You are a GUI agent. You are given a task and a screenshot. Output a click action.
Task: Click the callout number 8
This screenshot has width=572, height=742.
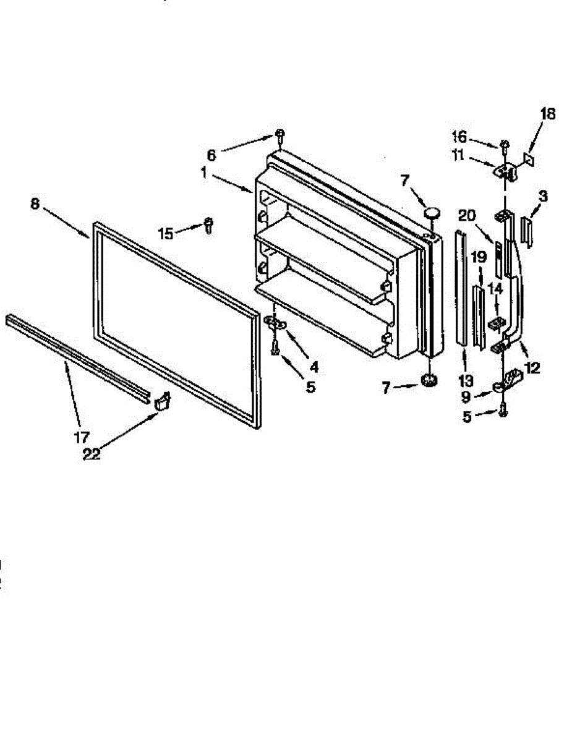coord(35,204)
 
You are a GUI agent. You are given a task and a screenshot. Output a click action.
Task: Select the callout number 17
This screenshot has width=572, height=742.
coord(82,438)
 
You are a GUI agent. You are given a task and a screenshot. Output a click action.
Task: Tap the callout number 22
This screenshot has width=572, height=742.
coord(91,454)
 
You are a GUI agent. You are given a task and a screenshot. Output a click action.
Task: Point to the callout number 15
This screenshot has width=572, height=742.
coord(166,233)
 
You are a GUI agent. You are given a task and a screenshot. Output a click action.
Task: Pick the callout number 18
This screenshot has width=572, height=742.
coord(548,114)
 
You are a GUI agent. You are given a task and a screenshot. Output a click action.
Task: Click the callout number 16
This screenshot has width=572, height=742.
coord(476,137)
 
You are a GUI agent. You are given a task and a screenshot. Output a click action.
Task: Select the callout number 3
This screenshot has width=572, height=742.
coord(543,197)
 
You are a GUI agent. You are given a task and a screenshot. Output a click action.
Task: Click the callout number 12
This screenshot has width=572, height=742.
coord(531,368)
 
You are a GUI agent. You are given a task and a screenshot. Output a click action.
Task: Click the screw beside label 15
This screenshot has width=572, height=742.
coord(208,226)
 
